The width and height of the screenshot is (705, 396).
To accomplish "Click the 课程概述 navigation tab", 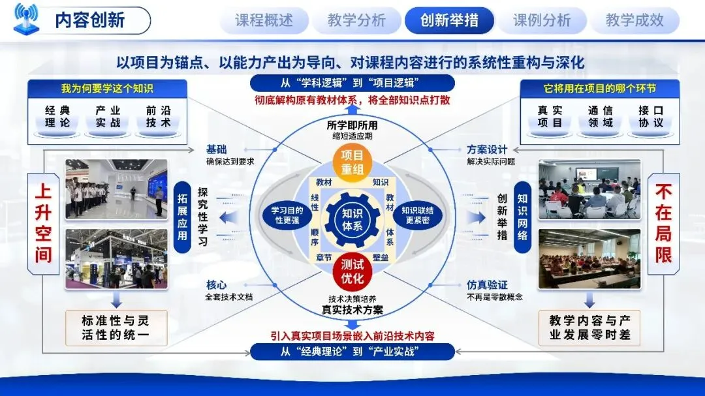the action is (x=264, y=20).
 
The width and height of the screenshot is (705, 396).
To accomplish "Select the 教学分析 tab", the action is (x=356, y=20).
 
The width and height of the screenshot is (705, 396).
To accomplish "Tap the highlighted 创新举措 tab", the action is (x=449, y=20).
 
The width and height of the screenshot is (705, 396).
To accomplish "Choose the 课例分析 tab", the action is (x=542, y=20).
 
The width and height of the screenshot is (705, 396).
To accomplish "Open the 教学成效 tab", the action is (x=634, y=20).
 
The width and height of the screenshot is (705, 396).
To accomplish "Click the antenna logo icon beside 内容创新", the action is (x=26, y=19).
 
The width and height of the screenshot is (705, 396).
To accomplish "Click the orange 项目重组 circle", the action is (x=352, y=162).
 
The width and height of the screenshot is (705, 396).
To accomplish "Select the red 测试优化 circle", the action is (x=352, y=271).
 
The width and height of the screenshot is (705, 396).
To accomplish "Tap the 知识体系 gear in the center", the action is (x=352, y=220).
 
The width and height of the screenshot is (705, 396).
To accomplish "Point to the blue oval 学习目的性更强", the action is (x=287, y=215).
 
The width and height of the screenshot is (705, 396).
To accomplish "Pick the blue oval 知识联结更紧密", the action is (x=418, y=215).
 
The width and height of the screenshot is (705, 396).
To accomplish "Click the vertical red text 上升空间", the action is (x=43, y=223).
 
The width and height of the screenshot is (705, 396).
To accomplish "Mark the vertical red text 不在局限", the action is (x=663, y=223).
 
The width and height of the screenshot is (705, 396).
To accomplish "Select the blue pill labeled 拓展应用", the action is (x=182, y=217).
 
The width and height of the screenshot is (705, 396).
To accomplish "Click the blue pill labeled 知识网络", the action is (x=522, y=217).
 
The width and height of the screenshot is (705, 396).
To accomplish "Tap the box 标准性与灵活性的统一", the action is (x=116, y=327).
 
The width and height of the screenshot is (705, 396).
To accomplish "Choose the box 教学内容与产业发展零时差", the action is (x=589, y=327).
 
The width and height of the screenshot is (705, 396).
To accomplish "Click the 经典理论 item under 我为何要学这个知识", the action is (x=57, y=117).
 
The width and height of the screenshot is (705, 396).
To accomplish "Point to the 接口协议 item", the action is (x=651, y=117).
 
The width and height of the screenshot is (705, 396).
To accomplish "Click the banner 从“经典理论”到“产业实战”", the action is (x=352, y=352).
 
